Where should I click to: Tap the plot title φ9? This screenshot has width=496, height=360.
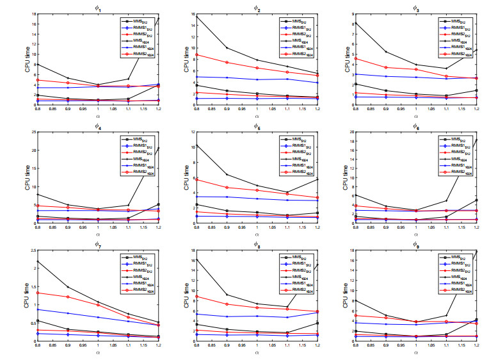(x=415, y=244)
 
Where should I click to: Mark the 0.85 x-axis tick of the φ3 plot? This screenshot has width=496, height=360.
(x=369, y=112)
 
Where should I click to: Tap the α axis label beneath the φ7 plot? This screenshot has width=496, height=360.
(x=98, y=352)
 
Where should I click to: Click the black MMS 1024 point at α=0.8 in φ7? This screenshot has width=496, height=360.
(x=37, y=261)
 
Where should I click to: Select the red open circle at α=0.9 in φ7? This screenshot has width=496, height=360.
(x=68, y=297)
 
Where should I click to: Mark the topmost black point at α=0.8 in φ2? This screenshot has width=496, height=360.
(x=196, y=17)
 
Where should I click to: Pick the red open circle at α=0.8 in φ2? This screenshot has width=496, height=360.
(x=196, y=55)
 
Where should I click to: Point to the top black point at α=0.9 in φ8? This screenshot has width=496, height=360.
(x=227, y=295)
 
